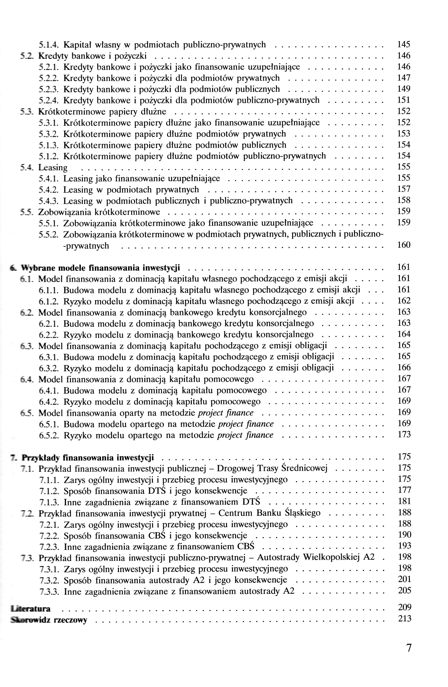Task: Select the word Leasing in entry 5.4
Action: (53, 168)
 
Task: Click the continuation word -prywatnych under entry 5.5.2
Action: (86, 246)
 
